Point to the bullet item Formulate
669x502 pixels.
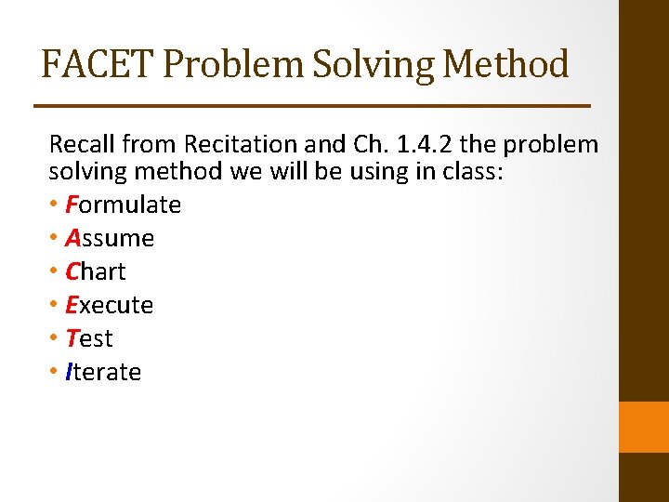click(x=123, y=205)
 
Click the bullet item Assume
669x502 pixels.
click(x=110, y=238)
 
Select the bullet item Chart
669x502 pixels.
click(x=96, y=271)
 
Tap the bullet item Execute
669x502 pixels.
click(x=109, y=305)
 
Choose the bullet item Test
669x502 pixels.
click(x=89, y=338)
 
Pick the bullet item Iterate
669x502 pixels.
click(x=103, y=372)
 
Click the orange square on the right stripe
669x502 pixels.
click(x=644, y=427)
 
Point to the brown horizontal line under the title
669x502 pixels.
click(x=312, y=106)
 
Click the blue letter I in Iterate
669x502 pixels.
click(x=69, y=372)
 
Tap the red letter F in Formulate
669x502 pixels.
click(x=72, y=205)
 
